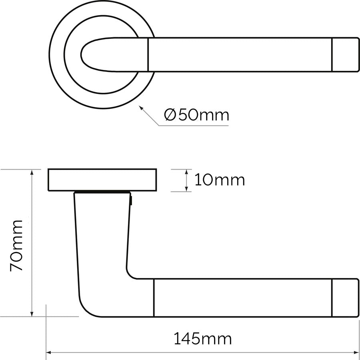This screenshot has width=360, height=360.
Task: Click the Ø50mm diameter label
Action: coord(197,115)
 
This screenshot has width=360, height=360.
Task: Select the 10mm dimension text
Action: coord(220,180)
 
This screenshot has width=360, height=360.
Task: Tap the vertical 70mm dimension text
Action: coord(17,245)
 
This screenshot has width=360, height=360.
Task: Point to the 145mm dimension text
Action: coord(202,339)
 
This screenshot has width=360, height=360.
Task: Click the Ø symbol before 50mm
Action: coord(170,115)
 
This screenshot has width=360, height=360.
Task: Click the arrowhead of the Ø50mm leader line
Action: coord(140,107)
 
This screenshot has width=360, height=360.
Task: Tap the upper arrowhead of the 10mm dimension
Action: coord(186,172)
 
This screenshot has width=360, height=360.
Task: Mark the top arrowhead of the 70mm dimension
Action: coord(32,172)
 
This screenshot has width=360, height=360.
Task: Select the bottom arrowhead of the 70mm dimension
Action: coord(32,314)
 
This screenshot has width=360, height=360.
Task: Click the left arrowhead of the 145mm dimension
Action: coord(49,352)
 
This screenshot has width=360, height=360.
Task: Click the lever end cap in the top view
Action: coord(345,55)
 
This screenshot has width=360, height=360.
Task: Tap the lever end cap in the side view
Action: coord(345,298)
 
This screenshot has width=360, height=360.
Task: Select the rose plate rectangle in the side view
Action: coord(102,180)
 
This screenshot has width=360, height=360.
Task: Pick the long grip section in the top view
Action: coord(240,55)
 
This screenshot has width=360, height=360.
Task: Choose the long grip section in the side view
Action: coord(242,298)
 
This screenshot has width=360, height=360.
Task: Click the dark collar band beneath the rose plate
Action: coord(102,192)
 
